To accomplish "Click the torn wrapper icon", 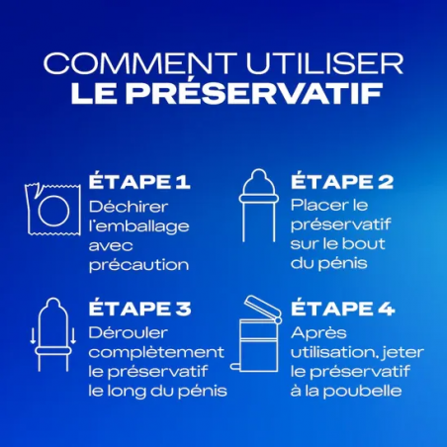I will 47,212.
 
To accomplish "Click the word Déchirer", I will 126,208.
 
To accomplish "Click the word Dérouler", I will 124,332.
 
